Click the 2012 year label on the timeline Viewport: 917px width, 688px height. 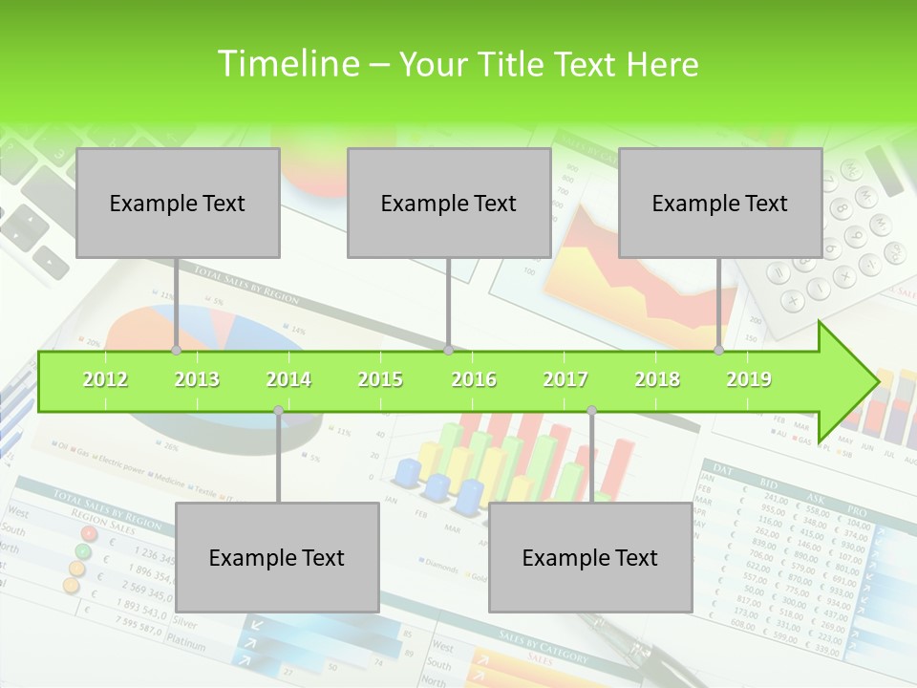coord(105,379)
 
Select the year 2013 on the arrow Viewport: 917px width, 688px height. coord(197,379)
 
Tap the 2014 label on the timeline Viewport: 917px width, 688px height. coord(288,379)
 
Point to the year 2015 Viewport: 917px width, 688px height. coord(380,379)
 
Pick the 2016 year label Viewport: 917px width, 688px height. coord(474,379)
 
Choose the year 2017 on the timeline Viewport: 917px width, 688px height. coord(565,379)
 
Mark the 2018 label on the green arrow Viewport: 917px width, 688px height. coord(657,379)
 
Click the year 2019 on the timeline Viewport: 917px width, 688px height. coord(749,379)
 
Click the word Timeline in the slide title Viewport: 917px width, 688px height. coord(286,64)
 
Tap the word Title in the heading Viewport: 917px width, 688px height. coord(514,64)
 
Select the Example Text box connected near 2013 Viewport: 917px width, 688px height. coord(178,203)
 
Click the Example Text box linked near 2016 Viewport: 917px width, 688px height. coord(449,203)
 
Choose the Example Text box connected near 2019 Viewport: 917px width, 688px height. coord(720,203)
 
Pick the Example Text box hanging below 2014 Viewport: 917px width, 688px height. coord(277,557)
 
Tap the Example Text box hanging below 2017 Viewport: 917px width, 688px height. coord(590,557)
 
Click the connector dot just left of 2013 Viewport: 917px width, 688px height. coord(176,350)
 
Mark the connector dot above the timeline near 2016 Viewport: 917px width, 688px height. coord(448,350)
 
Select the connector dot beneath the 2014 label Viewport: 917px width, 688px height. coord(278,411)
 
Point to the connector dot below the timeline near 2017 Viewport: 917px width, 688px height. coord(591,411)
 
